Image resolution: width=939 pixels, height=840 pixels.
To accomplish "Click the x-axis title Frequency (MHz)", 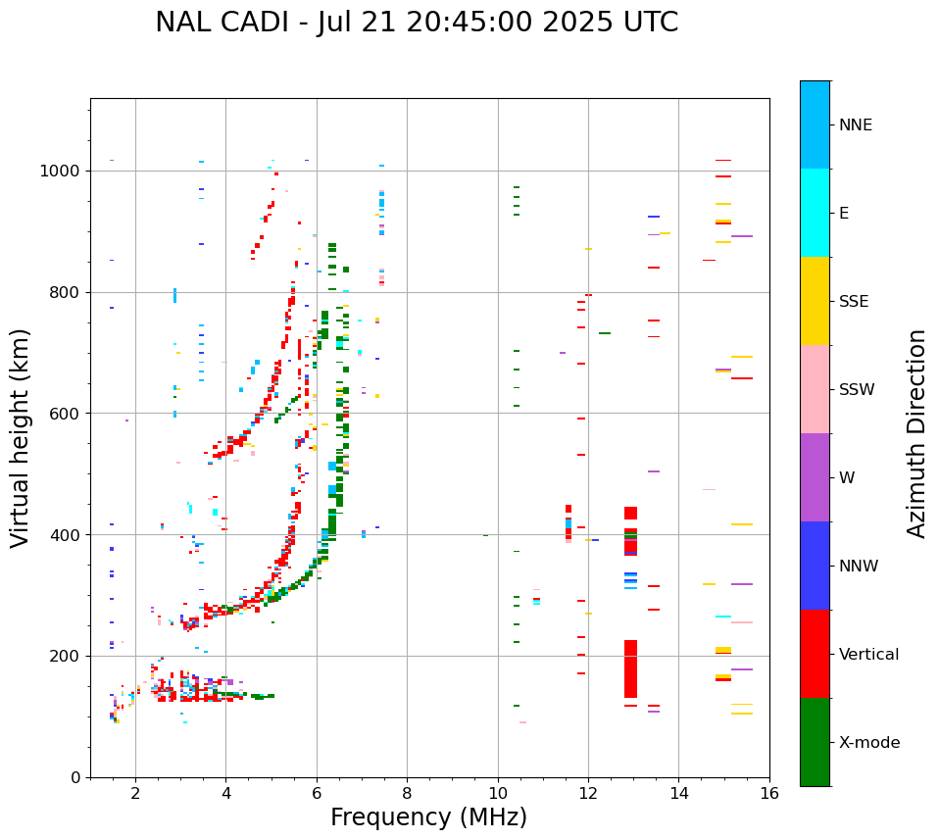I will coord(428,817).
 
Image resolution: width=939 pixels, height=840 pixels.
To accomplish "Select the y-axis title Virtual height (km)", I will coord(21,437).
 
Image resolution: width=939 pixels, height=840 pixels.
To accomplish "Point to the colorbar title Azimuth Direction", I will coord(916,433).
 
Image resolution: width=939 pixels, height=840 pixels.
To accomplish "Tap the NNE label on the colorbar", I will coord(855,125).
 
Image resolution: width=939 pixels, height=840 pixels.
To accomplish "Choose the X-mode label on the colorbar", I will coord(868,743).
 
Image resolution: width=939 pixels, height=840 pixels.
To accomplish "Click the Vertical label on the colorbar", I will coord(868,655).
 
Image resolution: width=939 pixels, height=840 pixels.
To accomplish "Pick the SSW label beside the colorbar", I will coord(857,390).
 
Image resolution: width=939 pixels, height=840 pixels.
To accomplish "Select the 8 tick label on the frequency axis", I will coord(407,793).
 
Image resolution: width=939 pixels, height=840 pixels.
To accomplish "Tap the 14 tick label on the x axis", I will coord(678,793).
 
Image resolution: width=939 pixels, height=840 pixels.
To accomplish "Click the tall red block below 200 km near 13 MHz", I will coord(630,668).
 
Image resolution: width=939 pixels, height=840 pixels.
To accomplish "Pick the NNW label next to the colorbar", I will coord(859,567).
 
